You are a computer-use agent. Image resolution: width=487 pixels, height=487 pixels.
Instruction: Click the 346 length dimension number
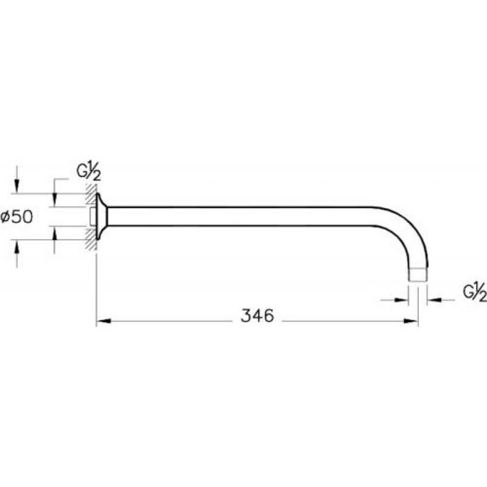258,315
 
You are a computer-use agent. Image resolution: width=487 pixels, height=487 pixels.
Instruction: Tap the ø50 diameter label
16,217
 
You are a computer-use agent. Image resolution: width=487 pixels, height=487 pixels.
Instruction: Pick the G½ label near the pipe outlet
475,292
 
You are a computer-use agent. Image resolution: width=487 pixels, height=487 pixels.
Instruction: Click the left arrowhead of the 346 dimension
103,321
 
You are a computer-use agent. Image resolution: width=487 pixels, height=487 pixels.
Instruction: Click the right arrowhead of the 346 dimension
411,321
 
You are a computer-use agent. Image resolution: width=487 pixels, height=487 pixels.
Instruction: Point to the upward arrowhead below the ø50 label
17,247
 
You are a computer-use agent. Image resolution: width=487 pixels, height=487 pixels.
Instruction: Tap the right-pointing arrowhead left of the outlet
401,300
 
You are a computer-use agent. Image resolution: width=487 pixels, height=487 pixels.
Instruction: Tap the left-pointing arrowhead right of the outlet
434,300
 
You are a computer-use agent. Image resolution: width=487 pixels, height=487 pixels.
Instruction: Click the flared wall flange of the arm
101,217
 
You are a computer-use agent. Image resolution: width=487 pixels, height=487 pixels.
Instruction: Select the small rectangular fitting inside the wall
93,217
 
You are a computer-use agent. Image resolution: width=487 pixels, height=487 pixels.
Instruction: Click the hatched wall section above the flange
91,195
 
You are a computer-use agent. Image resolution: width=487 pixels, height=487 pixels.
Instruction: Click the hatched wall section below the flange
91,239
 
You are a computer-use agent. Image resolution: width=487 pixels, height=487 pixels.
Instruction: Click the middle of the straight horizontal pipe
239,216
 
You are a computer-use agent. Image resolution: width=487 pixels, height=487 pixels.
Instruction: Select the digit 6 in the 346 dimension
268,315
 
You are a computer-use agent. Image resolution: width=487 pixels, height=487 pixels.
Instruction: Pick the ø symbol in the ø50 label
5,217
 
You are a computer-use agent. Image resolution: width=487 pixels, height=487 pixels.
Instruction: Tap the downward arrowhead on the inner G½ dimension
55,200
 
